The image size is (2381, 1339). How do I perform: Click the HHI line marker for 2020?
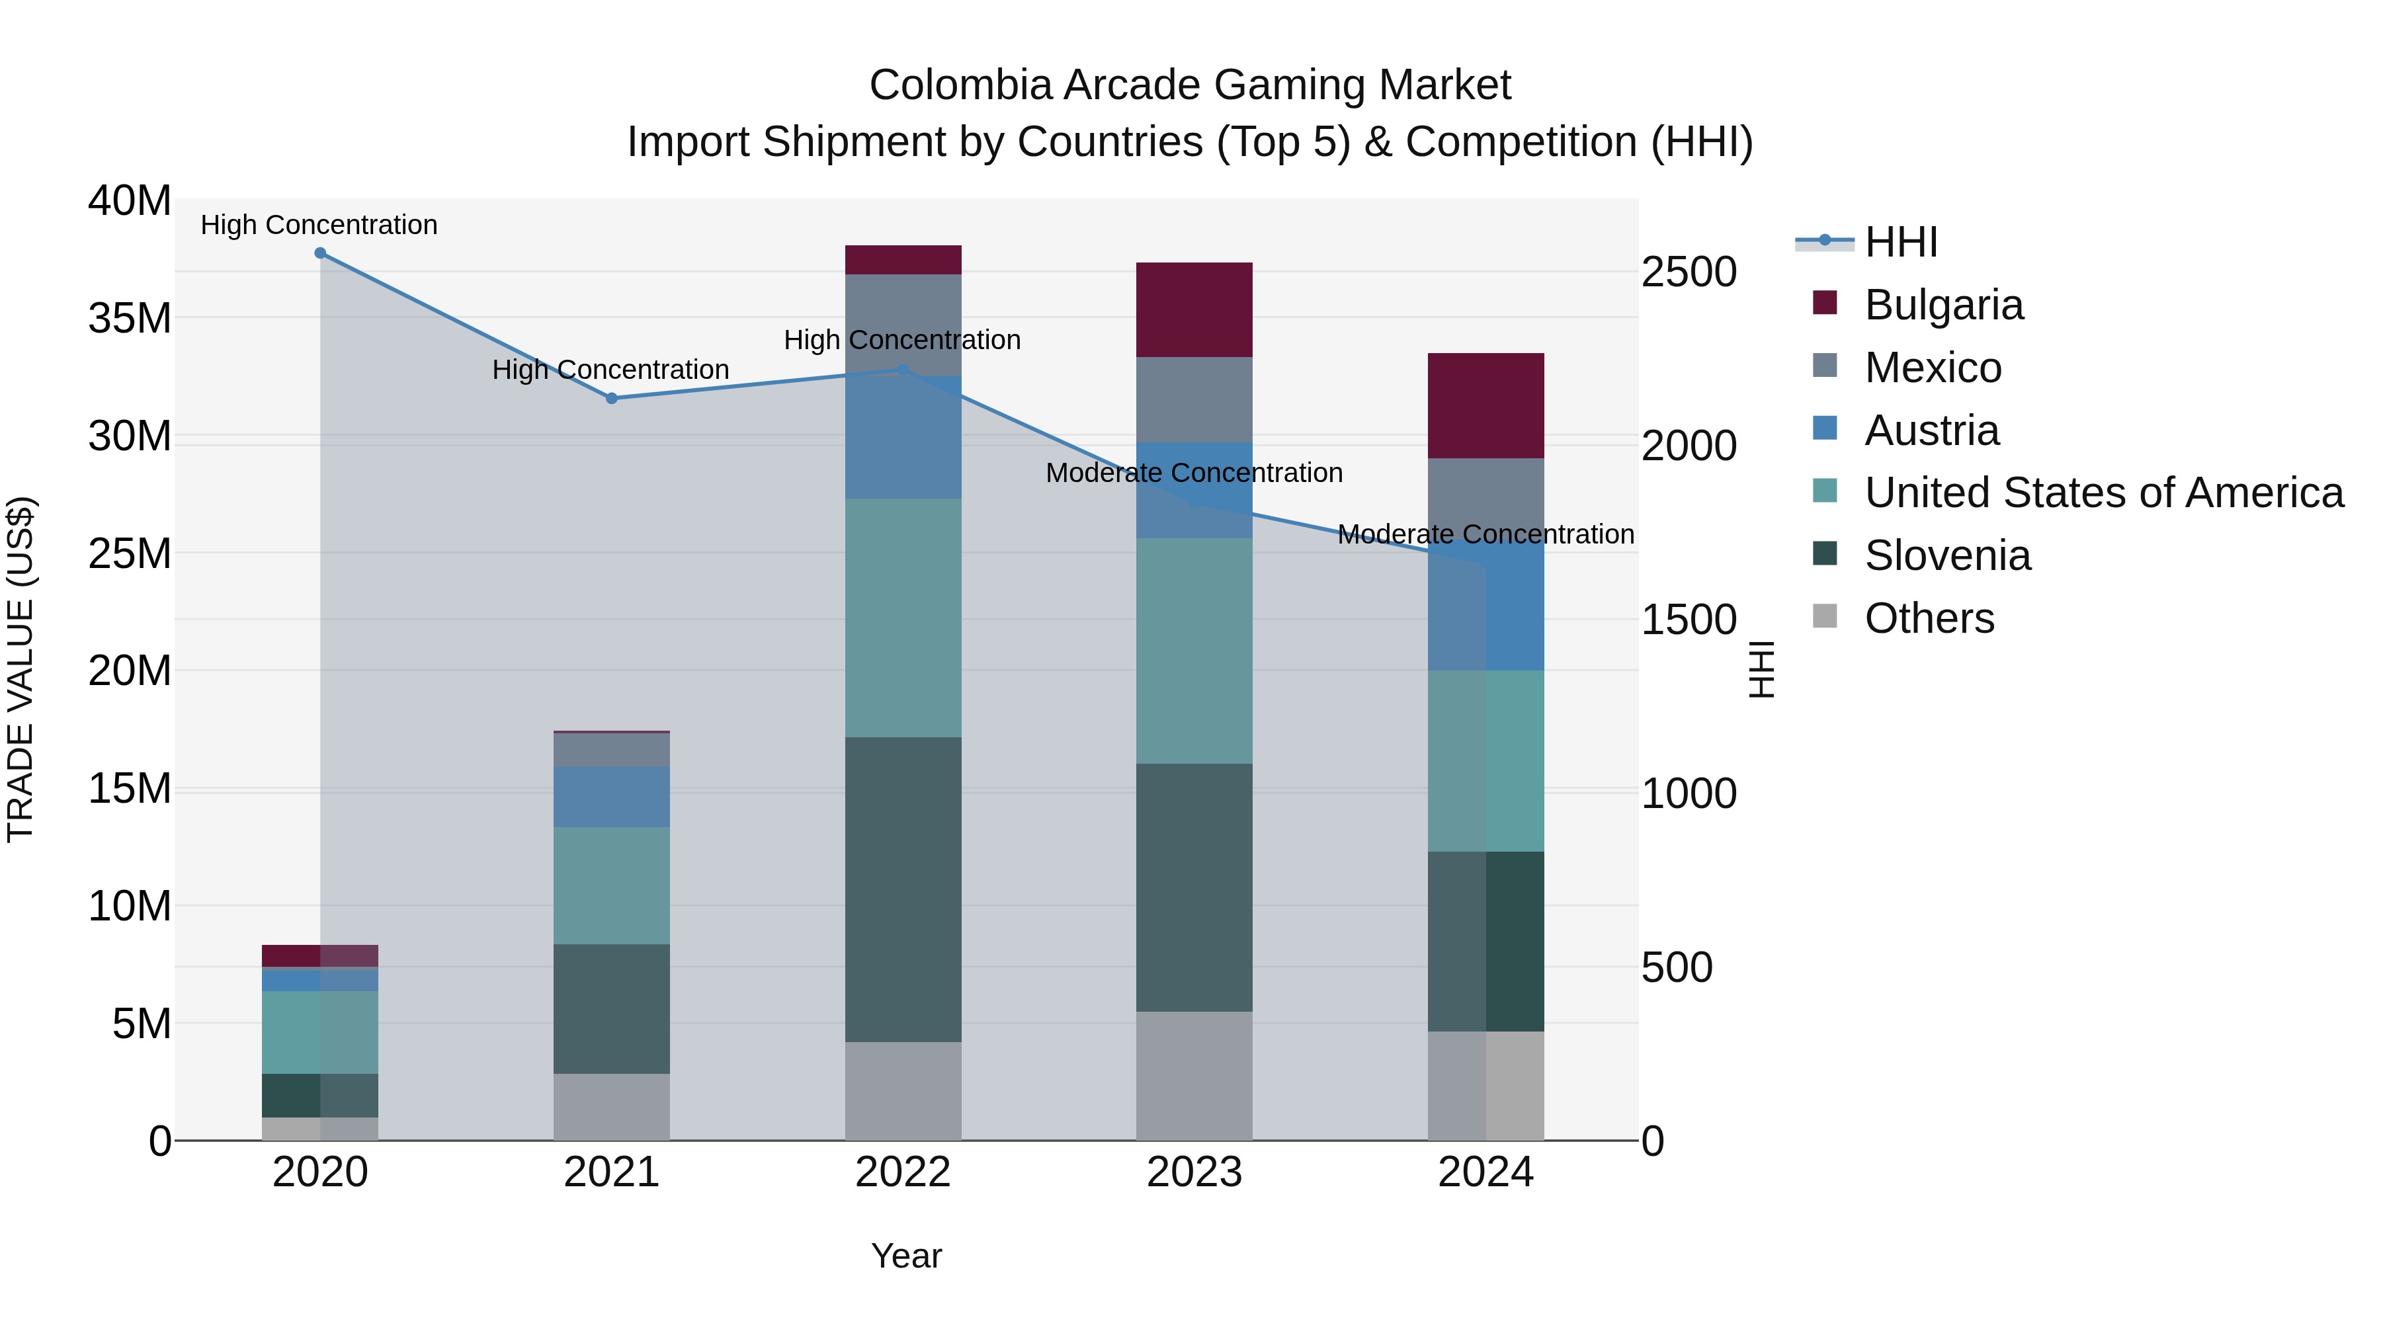tap(320, 253)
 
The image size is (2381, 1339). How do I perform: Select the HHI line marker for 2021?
tap(611, 398)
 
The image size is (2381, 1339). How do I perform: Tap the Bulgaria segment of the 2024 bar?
tap(1485, 406)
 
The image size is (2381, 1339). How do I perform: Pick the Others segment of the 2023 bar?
tap(1194, 1076)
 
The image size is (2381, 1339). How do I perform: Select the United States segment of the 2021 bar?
tap(611, 885)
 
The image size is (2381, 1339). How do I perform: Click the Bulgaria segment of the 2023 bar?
tap(1194, 309)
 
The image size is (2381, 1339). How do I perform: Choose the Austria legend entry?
tap(1931, 430)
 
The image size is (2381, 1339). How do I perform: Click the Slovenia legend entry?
tap(1946, 555)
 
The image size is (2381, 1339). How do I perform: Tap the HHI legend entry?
tap(1900, 242)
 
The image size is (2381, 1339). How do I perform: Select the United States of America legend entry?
tap(2103, 493)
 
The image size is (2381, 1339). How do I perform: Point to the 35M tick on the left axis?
tap(130, 318)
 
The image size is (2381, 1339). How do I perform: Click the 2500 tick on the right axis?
tap(1689, 272)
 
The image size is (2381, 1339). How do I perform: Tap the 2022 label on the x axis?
tap(903, 1172)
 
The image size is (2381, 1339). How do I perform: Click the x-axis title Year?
tap(906, 1256)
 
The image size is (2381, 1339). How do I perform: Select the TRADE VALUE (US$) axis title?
tap(21, 669)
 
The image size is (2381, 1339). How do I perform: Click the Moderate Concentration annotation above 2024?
tap(1485, 534)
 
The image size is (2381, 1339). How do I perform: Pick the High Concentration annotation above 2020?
tap(319, 225)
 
